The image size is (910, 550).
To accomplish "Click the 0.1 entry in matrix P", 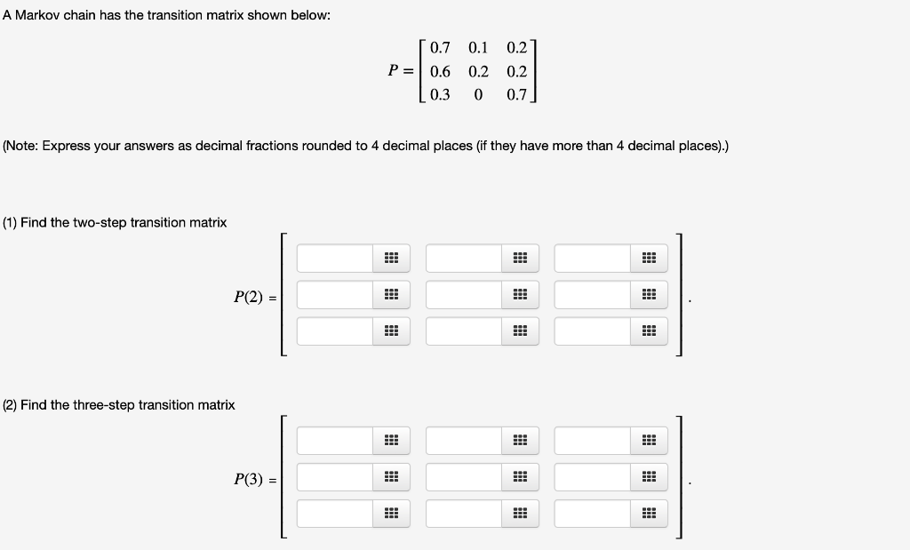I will [478, 48].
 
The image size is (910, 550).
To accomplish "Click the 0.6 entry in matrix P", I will [439, 72].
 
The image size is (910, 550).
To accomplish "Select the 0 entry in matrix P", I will [478, 95].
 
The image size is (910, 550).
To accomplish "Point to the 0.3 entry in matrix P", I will [439, 95].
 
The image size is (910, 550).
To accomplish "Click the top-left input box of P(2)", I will [335, 259].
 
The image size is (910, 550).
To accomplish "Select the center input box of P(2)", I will [463, 295].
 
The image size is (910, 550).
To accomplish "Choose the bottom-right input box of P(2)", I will [592, 331].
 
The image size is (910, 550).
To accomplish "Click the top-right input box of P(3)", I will [592, 441].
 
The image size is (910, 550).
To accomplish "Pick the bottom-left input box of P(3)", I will [335, 514].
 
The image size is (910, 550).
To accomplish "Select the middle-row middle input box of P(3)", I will [463, 477].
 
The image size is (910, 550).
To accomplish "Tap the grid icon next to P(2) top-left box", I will [391, 259].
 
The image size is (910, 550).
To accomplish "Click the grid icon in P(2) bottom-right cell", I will [649, 331].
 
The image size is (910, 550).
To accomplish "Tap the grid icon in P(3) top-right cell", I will [649, 441].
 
